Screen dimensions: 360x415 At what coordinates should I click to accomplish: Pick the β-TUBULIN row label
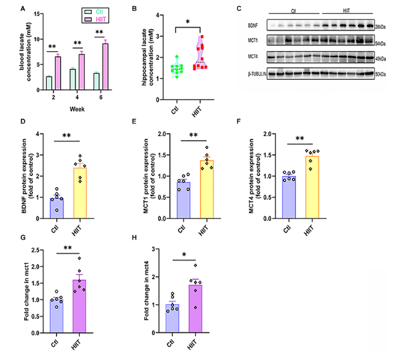click(255, 72)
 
